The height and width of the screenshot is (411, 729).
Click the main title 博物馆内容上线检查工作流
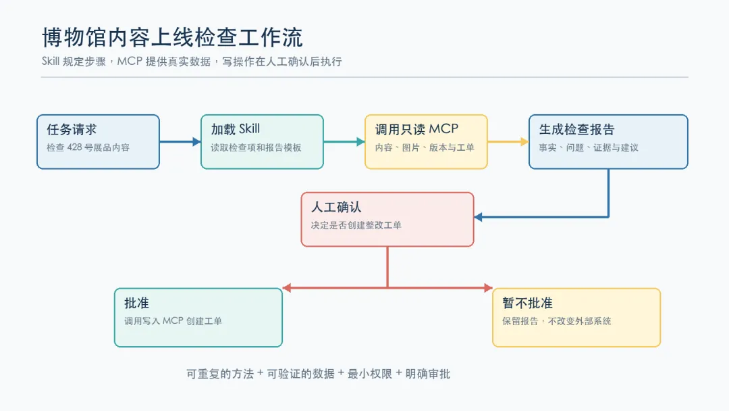pos(172,37)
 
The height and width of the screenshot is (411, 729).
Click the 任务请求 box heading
pos(72,129)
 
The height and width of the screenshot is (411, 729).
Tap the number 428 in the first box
pos(74,147)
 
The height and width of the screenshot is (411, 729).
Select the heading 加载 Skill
pos(236,129)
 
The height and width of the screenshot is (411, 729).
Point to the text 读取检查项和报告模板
pos(256,147)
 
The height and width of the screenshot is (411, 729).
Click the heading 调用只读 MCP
pos(416,129)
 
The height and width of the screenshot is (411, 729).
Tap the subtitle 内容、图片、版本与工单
pos(425,147)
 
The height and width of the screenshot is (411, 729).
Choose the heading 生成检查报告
pos(576,129)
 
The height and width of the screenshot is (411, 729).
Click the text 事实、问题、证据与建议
pos(589,147)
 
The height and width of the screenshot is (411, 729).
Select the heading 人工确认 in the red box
pos(336,207)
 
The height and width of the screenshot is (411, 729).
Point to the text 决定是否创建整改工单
pos(356,225)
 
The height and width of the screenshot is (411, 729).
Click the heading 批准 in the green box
pos(136,304)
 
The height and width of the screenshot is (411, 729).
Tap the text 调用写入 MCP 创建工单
pos(173,321)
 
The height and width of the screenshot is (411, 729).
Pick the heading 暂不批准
pos(527,304)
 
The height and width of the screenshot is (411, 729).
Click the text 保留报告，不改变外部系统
pos(556,321)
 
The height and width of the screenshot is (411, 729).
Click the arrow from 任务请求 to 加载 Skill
pos(180,141)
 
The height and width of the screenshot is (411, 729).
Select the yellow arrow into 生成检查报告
pos(508,141)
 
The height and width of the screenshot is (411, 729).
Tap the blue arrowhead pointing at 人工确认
pos(479,217)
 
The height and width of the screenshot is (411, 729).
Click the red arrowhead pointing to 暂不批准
pos(488,288)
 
